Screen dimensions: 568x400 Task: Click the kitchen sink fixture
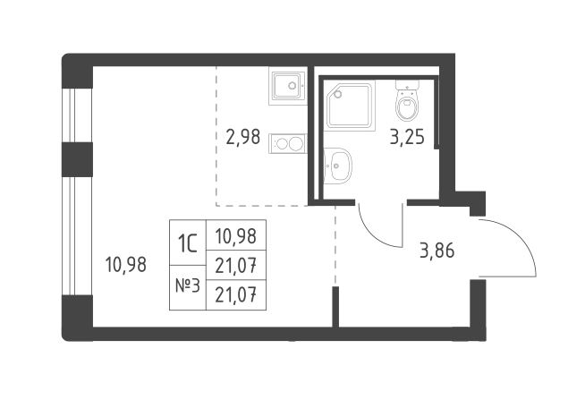288,86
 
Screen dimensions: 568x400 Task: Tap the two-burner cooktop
288,143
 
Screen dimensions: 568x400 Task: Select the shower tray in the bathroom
350,106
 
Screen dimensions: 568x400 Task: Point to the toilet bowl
407,100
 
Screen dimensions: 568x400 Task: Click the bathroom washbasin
337,166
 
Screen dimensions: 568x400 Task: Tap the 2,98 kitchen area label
242,137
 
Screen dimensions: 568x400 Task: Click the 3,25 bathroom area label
407,137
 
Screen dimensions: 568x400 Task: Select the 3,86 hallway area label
437,251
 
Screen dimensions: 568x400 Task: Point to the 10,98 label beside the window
126,265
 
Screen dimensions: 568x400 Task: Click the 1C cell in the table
188,243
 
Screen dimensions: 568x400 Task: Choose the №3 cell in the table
188,287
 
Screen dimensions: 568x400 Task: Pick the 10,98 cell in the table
236,235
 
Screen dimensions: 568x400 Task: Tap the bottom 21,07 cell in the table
236,295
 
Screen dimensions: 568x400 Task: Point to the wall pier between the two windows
77,159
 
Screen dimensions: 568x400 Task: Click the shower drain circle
338,94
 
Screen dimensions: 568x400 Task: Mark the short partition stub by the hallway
335,307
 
